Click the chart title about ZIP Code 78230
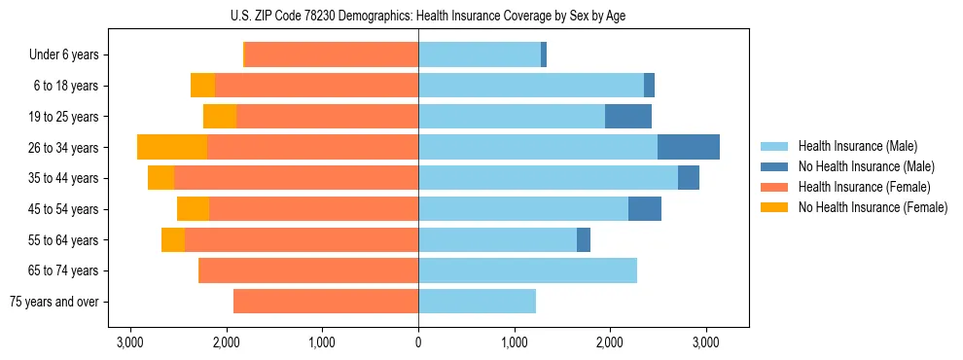click(418, 16)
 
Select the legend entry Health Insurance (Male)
click(857, 146)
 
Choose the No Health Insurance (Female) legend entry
click(873, 207)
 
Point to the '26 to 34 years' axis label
click(64, 148)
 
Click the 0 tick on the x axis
click(418, 342)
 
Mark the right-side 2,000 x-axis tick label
click(610, 342)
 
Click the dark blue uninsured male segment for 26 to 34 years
click(689, 147)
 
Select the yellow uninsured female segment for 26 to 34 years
click(172, 147)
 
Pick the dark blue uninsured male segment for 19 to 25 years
click(628, 117)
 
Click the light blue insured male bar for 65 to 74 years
click(527, 270)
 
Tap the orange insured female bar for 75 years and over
click(326, 302)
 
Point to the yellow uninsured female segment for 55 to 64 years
click(173, 240)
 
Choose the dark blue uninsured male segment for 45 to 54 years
click(645, 209)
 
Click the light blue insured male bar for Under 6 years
click(480, 55)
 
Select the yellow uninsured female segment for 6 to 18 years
click(202, 86)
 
